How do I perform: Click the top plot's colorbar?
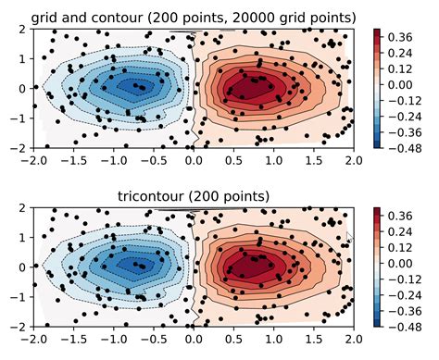point(377,88)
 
